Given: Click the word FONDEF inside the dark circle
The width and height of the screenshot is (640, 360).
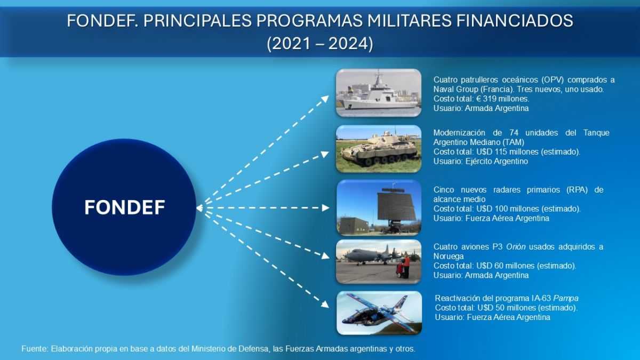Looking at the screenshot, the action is (x=125, y=207).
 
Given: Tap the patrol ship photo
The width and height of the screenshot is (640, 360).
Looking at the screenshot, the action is (x=379, y=93).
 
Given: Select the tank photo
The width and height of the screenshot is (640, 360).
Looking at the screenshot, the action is (x=379, y=149).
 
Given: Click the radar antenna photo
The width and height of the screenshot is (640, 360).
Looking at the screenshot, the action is (x=379, y=207).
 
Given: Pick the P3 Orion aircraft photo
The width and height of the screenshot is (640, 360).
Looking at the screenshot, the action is (x=379, y=262).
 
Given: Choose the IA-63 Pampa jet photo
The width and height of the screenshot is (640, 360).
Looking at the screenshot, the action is (x=379, y=313).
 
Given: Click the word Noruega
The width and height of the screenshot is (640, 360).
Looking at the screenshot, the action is (x=449, y=257).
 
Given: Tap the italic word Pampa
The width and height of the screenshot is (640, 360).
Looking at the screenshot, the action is (x=566, y=299).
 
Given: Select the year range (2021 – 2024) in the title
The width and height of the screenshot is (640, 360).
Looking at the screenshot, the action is (x=320, y=44).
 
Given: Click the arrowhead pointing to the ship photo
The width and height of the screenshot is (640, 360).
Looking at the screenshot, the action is (x=325, y=99).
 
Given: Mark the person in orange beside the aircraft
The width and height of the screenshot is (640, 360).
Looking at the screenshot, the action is (x=406, y=265).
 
